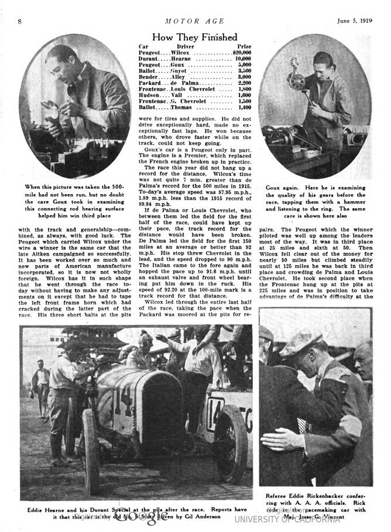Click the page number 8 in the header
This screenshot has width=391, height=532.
(x=20, y=22)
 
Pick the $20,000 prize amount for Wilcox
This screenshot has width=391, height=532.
(x=239, y=53)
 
